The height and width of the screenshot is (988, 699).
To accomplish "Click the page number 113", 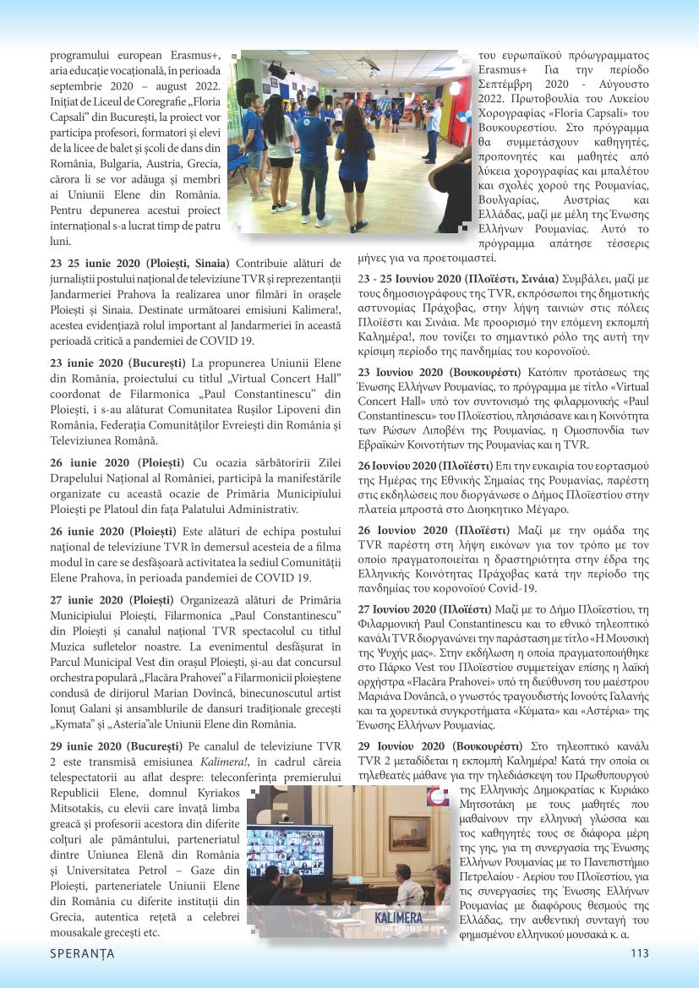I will [x=639, y=953].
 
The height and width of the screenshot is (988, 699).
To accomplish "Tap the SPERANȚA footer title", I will [x=82, y=953].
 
